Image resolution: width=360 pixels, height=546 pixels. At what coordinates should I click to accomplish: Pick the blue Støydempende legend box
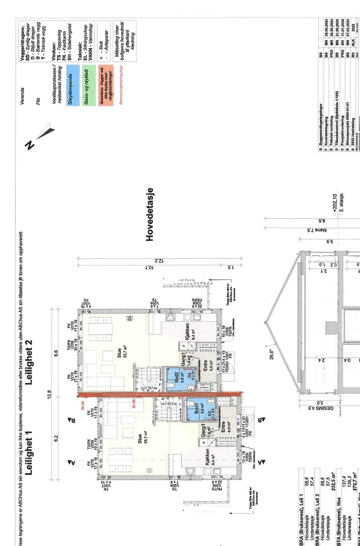click(x=73, y=85)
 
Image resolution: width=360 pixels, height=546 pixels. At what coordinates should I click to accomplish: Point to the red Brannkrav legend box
click(x=105, y=89)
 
